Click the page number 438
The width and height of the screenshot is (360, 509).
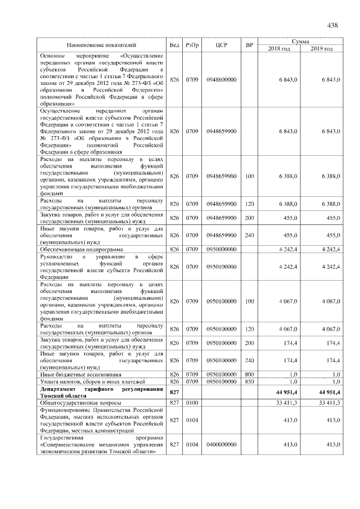point(332,25)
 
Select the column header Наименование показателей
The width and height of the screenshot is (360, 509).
point(101,44)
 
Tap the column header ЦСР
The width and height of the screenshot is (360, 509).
point(221,44)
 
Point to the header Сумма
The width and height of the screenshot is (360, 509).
point(302,41)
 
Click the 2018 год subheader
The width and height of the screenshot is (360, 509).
point(280,49)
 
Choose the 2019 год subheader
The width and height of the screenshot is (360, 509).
point(321,49)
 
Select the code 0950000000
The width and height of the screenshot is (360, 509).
point(221,249)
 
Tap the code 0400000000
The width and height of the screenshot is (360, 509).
point(221,444)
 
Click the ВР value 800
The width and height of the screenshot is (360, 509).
point(250,374)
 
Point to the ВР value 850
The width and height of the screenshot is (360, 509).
point(250,381)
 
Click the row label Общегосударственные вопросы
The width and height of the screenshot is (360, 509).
point(76,403)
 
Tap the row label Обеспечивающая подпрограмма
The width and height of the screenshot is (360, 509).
point(76,249)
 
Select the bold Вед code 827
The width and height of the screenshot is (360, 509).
point(174,391)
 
